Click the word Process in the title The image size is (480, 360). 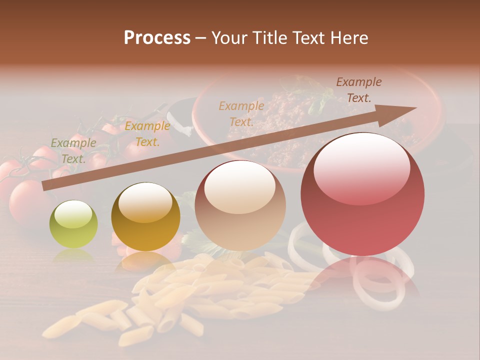point(157,37)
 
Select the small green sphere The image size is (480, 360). point(73,224)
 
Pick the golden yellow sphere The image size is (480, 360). point(145,216)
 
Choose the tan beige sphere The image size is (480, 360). point(240,205)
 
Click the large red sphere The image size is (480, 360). point(362,194)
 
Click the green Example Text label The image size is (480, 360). point(73,151)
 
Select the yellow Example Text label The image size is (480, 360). point(147,134)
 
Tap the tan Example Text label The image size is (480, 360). point(241,113)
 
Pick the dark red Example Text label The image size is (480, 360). point(358,90)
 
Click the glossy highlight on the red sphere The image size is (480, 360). point(362,167)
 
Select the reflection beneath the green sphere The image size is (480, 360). point(73,256)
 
